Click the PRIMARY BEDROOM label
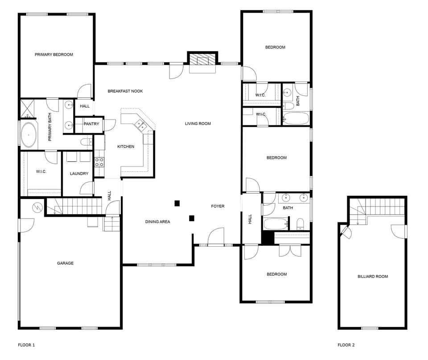54,54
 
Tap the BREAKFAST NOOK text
125,91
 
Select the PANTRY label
91,124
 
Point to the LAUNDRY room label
79,174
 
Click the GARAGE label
65,263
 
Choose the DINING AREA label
158,222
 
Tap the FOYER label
218,206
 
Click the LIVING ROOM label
198,124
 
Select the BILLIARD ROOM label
373,277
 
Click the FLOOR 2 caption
346,345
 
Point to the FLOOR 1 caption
26,345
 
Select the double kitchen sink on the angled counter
140,124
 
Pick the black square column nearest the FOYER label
192,218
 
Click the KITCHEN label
126,147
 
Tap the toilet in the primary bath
86,142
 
